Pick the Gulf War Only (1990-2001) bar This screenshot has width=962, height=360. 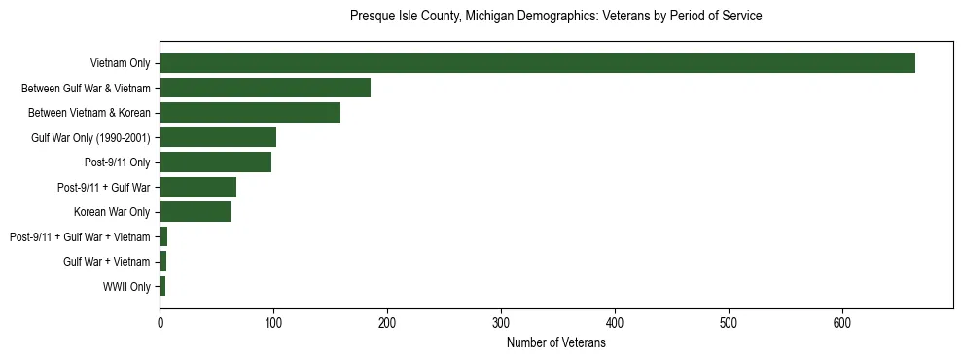pos(218,137)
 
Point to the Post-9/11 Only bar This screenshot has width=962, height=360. pos(215,162)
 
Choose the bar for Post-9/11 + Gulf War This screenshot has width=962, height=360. pos(197,187)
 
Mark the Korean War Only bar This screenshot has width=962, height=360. pos(195,212)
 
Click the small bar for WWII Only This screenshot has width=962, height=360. pos(162,286)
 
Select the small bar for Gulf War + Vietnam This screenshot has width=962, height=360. pos(163,262)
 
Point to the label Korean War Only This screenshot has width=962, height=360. pos(112,212)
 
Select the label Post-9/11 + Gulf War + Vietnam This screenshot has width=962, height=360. pos(80,237)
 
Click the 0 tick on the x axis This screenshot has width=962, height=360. pos(160,323)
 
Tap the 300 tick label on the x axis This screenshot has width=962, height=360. pos(501,323)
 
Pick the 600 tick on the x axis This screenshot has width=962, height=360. pos(842,323)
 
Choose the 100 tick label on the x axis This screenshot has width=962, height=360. pos(273,323)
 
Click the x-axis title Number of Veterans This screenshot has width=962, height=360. pos(555,342)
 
